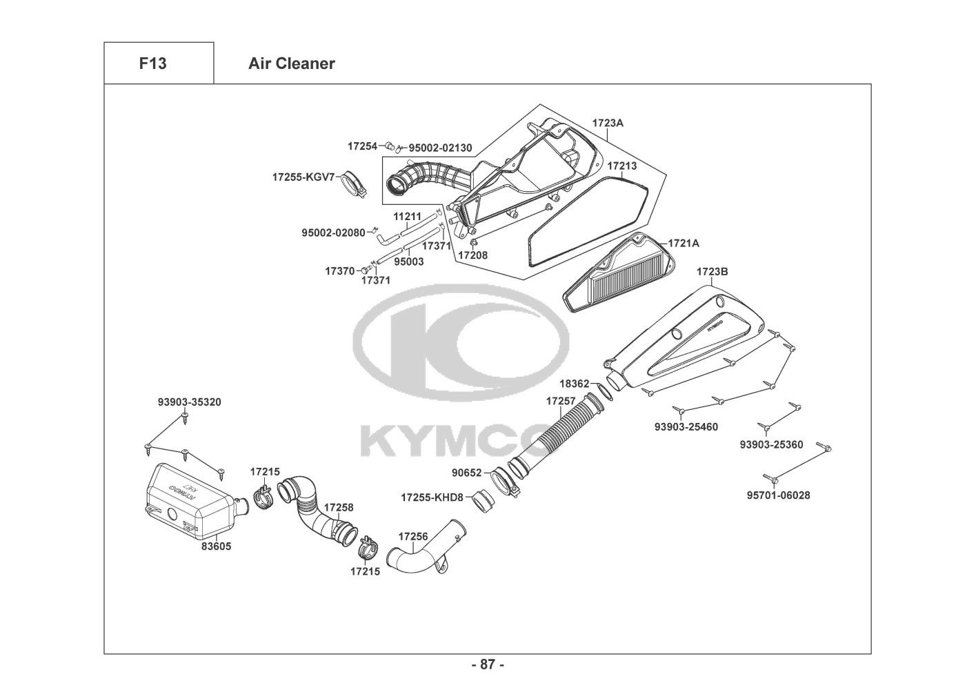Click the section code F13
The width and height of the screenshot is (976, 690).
coord(152,63)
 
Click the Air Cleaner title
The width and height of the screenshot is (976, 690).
coord(291,63)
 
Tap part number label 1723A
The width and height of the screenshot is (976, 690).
coord(608,123)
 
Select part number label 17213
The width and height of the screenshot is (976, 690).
coord(621,166)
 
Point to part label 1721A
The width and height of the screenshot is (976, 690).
coord(684,244)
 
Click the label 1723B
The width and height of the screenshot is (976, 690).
coord(712,272)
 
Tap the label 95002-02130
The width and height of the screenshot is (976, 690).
coord(440,148)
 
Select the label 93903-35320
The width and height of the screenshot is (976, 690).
coord(189,402)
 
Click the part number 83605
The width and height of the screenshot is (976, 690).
coord(216,546)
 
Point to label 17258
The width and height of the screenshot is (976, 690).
coord(339,507)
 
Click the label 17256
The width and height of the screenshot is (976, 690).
coord(413,536)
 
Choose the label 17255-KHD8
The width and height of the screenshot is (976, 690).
coord(432,497)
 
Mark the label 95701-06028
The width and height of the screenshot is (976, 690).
coord(778,495)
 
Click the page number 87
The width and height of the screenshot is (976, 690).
coord(488,665)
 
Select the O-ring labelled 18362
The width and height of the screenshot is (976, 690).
coord(601,391)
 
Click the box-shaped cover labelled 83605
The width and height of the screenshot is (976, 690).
coord(186,502)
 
